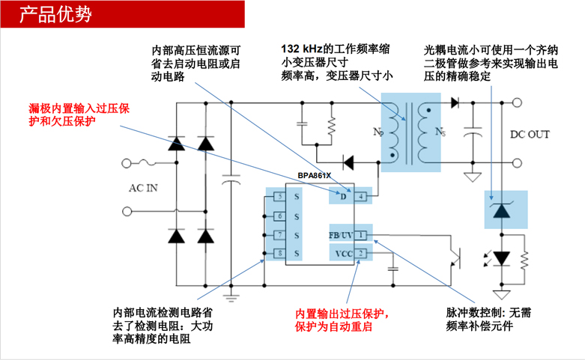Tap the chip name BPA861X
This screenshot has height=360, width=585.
314,176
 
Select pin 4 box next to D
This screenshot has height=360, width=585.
361,196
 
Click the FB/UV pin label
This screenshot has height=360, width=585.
341,236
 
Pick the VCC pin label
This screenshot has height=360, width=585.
344,254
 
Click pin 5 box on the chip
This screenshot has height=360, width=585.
279,197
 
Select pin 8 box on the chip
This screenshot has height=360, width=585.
279,254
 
